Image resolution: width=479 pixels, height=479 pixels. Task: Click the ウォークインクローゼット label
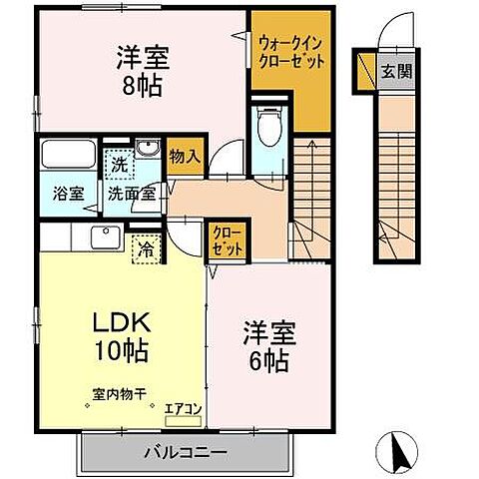click(289, 52)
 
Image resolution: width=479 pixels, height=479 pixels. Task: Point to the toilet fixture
click(267, 126)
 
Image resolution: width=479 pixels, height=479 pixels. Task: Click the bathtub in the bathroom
click(66, 156)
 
